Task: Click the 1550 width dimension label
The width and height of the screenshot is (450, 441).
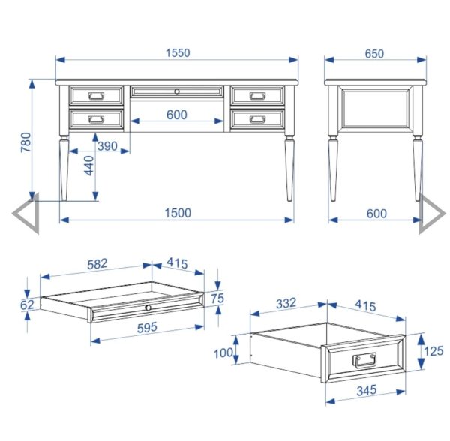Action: pos(178,53)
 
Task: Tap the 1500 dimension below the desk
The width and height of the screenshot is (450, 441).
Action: pos(178,213)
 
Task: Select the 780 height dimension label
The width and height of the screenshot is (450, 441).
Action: pos(25,142)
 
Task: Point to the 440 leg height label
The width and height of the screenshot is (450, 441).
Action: pos(89,166)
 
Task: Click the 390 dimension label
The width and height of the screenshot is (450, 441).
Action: pos(107,146)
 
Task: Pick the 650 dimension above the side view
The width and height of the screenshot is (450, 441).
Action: pos(374,54)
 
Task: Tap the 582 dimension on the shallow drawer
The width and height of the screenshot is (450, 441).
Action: pos(97,264)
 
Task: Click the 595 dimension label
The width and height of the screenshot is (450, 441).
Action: pos(147,328)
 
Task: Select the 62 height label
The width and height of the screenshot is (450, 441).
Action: pos(27,304)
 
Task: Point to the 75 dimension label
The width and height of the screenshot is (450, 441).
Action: pos(217,298)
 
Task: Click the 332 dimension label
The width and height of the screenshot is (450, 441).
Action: pos(286,303)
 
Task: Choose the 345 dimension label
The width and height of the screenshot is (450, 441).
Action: pos(367,390)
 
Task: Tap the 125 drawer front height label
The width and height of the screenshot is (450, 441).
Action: pos(433,351)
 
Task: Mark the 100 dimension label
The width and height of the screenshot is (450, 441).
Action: pos(223,352)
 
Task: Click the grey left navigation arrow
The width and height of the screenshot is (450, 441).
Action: pos(25,214)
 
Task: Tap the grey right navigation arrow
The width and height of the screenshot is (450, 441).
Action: pos(433,214)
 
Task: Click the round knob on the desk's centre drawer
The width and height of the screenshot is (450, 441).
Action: pos(177,91)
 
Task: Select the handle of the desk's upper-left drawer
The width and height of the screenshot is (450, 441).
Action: pos(97,95)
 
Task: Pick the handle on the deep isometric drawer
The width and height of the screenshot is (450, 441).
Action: pos(364,360)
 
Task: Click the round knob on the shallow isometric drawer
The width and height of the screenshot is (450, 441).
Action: pos(148,307)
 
